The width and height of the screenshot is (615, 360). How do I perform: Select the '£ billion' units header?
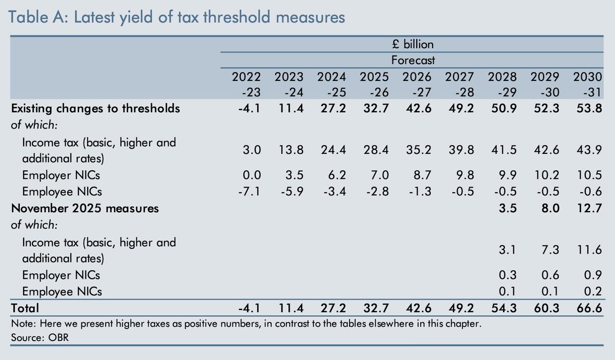coord(413,44)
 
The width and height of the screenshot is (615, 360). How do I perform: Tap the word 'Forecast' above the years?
coord(413,61)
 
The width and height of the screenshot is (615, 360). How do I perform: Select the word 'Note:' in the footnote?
coord(22,325)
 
